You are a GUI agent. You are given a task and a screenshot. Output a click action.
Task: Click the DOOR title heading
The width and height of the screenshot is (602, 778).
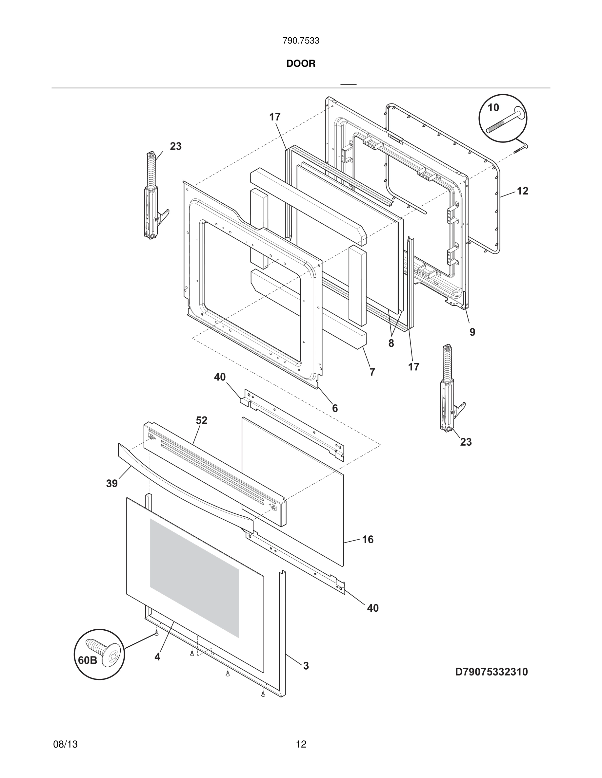[x=301, y=64]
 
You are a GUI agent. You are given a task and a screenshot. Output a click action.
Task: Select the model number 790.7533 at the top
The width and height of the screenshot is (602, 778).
[x=301, y=41]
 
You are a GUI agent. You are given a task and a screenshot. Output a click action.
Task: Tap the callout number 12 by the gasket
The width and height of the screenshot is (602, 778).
[x=522, y=191]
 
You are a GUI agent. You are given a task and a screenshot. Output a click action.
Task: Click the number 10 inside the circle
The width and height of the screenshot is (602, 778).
[x=493, y=108]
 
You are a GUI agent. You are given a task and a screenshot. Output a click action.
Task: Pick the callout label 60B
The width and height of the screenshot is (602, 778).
[x=87, y=660]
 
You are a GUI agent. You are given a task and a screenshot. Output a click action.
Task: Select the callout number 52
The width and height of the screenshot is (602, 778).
[x=202, y=420]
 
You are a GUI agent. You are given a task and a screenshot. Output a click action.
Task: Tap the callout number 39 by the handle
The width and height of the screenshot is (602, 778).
[x=111, y=484]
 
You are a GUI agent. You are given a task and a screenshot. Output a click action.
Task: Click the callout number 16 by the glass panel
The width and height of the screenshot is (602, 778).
[x=368, y=539]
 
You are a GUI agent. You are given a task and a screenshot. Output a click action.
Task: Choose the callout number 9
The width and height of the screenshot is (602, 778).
[x=472, y=332]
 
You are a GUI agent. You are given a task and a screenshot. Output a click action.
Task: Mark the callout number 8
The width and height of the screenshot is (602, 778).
[x=391, y=343]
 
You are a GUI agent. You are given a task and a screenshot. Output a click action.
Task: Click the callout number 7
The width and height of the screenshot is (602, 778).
[x=372, y=372]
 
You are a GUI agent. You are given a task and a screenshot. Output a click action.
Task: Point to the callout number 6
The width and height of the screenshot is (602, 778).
[x=335, y=408]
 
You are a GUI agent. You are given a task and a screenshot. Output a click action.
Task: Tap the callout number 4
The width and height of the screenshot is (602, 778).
[x=157, y=657]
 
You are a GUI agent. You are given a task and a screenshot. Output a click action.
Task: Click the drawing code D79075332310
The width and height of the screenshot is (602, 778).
[x=491, y=672]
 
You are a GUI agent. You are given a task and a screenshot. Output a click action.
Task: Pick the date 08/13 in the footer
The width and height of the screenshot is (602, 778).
[x=65, y=744]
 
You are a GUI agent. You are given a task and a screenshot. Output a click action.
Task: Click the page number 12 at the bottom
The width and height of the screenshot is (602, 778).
[x=301, y=744]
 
